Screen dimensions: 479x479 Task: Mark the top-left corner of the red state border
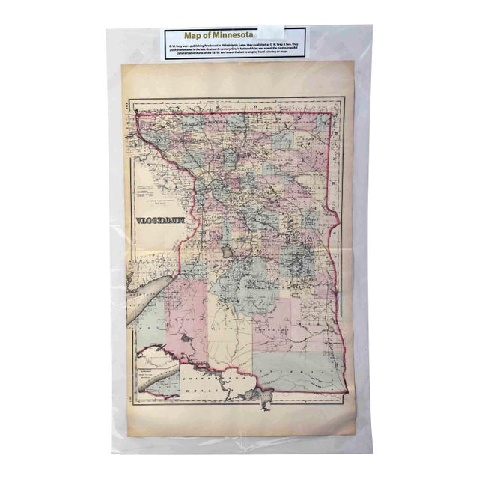pos(138,112)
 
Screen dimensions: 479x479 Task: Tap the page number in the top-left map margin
pos(133,104)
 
